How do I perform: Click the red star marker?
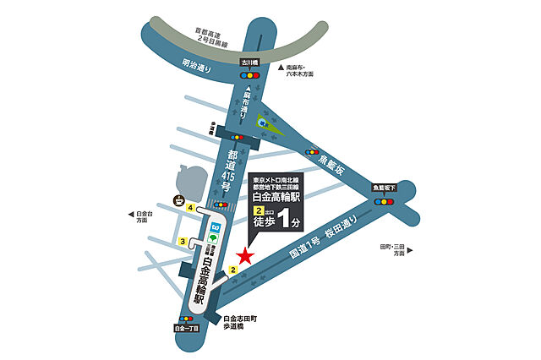(245, 255)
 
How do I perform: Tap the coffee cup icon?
(179, 200)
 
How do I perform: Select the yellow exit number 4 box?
(192, 208)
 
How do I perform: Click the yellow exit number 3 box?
(183, 243)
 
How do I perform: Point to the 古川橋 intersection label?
(248, 63)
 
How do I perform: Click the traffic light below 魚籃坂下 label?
(385, 201)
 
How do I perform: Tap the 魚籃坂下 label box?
(384, 188)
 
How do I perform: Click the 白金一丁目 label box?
(185, 327)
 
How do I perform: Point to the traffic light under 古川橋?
(249, 75)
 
